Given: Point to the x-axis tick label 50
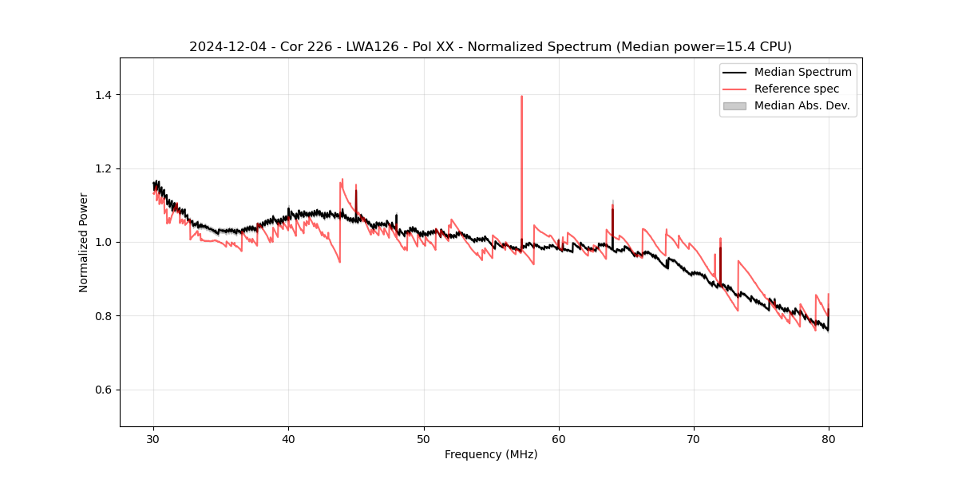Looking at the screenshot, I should [x=424, y=439].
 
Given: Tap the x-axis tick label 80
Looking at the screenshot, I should [x=829, y=439].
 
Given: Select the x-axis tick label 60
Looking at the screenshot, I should [x=559, y=439].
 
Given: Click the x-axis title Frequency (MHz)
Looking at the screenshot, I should [x=491, y=454].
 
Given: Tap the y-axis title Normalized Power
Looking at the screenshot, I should [x=84, y=242].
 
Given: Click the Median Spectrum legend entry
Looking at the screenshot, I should [x=802, y=72].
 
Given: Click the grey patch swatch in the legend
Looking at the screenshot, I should [x=734, y=105].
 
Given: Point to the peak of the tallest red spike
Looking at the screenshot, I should [x=521, y=97].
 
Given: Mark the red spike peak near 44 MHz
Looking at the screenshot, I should [x=342, y=180].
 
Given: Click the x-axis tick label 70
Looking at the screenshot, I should [x=694, y=439].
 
